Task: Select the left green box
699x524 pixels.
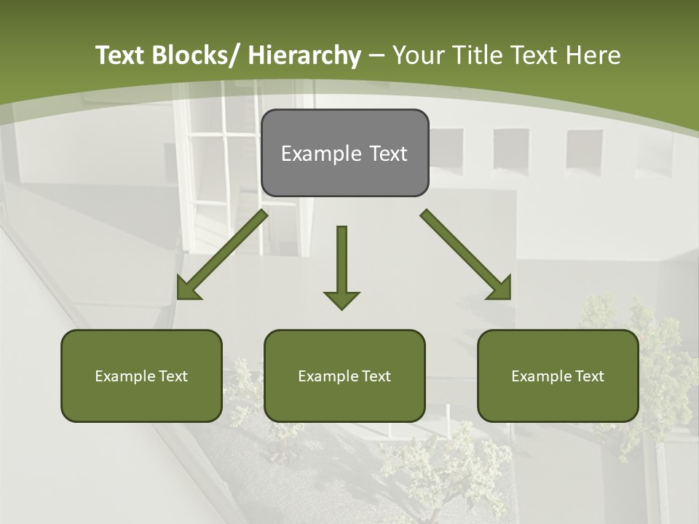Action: tap(141, 376)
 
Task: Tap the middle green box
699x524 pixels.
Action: tap(344, 376)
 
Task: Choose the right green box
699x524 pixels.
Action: tap(558, 376)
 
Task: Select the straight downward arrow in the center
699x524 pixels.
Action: tap(341, 262)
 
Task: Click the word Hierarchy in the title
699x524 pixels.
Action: tap(304, 55)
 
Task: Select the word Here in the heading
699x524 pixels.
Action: tap(593, 55)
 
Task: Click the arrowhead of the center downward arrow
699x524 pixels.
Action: tap(341, 299)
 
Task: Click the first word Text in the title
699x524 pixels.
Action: tap(121, 55)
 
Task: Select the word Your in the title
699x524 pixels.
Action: tap(418, 55)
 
